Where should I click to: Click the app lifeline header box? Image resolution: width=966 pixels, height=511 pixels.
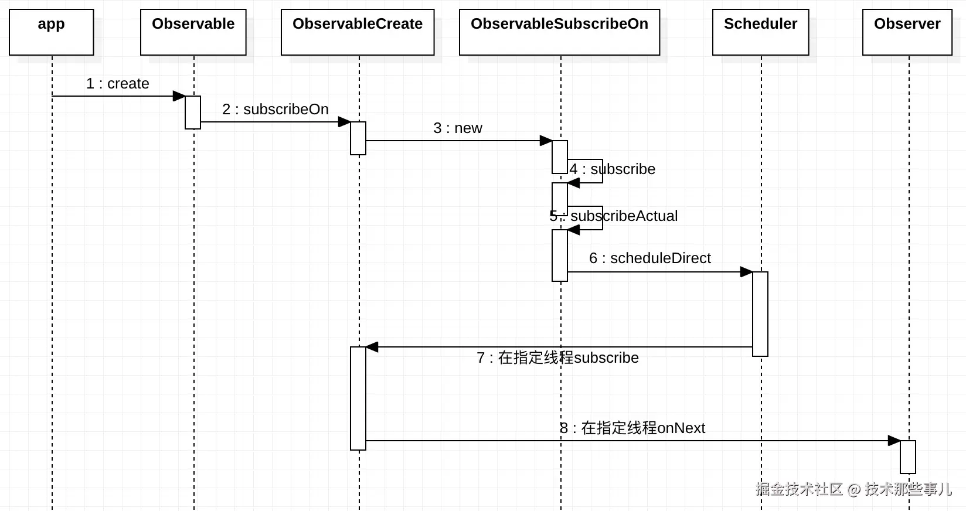click(x=52, y=32)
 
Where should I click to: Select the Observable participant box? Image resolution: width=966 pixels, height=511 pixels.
click(x=193, y=32)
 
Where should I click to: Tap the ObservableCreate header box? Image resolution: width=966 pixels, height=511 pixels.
click(x=358, y=32)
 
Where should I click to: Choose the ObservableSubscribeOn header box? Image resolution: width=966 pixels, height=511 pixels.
click(x=559, y=32)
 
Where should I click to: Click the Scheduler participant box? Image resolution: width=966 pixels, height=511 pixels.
click(x=760, y=32)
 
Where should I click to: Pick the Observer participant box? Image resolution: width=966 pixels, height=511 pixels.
click(x=907, y=32)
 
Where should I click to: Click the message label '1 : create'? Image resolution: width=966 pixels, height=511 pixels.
click(x=118, y=84)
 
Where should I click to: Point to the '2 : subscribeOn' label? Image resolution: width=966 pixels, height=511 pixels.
click(x=275, y=110)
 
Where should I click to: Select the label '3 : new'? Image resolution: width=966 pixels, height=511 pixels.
click(x=458, y=128)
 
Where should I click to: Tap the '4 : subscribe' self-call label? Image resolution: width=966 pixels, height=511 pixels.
click(x=613, y=169)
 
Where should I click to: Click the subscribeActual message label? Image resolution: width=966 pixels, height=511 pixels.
click(x=614, y=216)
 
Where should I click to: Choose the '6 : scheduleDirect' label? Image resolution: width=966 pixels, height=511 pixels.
click(x=650, y=258)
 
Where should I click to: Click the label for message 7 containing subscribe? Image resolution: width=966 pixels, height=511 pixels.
click(x=557, y=358)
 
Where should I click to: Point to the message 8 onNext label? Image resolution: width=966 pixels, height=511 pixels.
click(x=632, y=428)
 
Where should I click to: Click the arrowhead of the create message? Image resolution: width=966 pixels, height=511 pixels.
click(x=179, y=96)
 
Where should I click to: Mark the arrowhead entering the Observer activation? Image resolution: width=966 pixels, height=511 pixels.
click(x=894, y=441)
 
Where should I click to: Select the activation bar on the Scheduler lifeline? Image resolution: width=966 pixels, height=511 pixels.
click(x=760, y=314)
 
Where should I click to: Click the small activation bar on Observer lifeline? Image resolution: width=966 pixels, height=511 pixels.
click(x=907, y=457)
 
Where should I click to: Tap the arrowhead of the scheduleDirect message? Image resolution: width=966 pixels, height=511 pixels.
click(x=746, y=272)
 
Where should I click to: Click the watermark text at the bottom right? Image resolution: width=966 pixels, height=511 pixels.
click(x=853, y=489)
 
